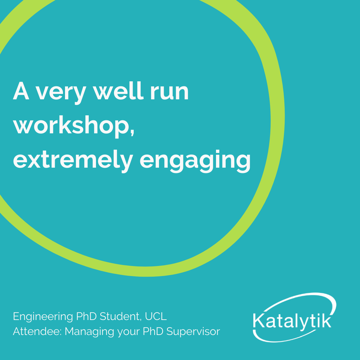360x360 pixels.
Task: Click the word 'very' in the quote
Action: point(61,93)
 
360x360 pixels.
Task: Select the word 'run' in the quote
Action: point(169,93)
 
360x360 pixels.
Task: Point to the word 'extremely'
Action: point(73,160)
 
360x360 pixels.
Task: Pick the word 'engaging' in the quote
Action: point(195,161)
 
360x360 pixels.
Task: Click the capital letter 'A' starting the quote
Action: point(21,91)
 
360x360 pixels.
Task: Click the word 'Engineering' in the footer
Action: point(43,317)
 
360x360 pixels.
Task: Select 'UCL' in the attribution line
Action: point(156,316)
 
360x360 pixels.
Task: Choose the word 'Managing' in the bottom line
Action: point(89,332)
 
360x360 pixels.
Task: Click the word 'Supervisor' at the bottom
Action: point(193,332)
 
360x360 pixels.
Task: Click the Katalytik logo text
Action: point(292,320)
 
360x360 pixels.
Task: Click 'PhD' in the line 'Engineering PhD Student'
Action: point(86,316)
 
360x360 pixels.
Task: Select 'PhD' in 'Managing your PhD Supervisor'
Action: point(153,331)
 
